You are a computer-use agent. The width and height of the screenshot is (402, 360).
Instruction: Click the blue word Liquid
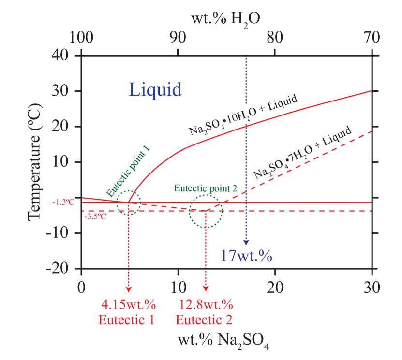(x=155, y=89)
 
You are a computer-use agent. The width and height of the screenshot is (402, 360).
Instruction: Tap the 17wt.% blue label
(x=246, y=256)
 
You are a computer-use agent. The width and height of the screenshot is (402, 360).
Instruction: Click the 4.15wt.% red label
(x=128, y=305)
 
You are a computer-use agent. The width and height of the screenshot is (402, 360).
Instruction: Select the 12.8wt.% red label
(x=206, y=305)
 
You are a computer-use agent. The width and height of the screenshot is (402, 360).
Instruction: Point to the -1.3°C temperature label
(x=63, y=202)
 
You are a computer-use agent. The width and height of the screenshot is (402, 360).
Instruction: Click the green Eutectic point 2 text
(x=206, y=188)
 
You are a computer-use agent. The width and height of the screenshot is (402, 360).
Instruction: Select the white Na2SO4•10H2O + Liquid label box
(x=246, y=114)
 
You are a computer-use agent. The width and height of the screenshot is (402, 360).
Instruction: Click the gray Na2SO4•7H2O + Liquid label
(x=302, y=154)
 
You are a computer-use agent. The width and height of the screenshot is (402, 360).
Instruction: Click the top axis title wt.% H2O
(x=225, y=20)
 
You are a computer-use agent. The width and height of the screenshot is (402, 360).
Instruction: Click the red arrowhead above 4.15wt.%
(x=129, y=288)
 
